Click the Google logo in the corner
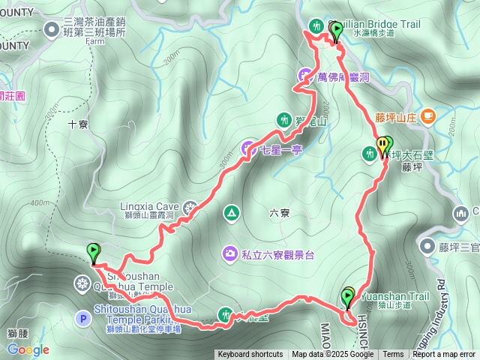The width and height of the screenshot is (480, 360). point(28,349)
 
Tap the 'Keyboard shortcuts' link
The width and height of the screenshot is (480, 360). point(250,355)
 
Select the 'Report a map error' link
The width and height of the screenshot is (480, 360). point(444,355)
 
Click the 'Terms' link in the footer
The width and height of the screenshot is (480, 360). point(393,355)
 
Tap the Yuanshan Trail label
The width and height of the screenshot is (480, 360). point(394,296)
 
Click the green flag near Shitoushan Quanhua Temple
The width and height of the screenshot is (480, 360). point(94,253)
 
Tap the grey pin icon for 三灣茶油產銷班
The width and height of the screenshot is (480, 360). point(52,29)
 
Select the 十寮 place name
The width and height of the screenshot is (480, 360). point(78,125)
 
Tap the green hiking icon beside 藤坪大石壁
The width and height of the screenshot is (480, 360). point(370,154)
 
